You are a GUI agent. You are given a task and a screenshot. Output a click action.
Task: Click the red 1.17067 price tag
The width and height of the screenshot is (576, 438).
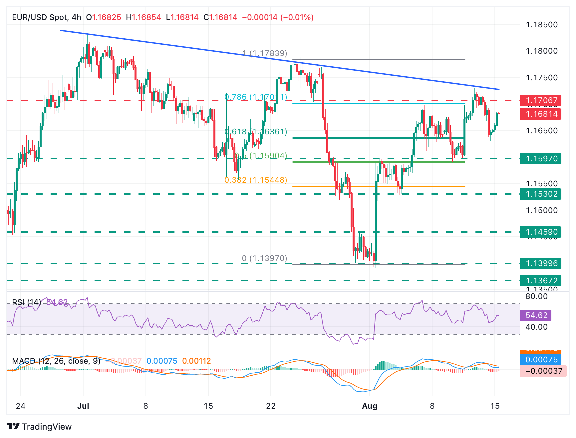click(541, 100)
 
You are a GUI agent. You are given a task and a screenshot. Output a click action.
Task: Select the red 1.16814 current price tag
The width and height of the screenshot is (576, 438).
click(541, 114)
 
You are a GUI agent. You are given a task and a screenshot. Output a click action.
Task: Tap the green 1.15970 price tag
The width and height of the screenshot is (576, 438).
click(541, 159)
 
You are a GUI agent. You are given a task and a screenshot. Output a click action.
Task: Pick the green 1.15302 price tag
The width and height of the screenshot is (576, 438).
click(541, 194)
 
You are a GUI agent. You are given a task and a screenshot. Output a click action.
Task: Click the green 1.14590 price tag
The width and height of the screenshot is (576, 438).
click(541, 232)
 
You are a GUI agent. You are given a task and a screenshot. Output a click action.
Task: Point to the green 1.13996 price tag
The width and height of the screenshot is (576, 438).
click(541, 263)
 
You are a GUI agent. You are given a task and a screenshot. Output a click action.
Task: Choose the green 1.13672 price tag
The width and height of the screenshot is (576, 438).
click(541, 281)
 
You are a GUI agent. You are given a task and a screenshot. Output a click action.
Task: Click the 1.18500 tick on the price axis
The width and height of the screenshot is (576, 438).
click(541, 25)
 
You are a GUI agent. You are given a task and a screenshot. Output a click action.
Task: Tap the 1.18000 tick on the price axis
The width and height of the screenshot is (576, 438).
click(541, 51)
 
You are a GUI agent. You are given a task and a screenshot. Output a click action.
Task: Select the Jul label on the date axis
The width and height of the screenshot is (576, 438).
click(83, 406)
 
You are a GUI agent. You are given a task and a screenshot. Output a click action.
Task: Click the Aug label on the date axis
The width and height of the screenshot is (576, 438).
click(370, 406)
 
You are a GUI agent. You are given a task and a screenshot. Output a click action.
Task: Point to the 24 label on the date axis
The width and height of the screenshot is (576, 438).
click(21, 406)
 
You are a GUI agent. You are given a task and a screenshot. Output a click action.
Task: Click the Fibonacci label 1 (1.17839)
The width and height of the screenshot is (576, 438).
click(265, 53)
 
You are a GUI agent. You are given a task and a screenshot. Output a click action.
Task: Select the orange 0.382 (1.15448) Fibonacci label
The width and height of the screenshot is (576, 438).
click(256, 180)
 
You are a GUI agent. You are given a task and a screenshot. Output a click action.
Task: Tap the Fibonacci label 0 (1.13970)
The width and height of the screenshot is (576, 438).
click(264, 258)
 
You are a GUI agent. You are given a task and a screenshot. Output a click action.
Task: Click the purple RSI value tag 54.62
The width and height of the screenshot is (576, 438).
click(536, 315)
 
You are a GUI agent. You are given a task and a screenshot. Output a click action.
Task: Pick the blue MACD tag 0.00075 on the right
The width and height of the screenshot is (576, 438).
click(541, 360)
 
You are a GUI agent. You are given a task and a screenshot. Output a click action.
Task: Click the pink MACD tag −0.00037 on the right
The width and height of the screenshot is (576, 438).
click(543, 371)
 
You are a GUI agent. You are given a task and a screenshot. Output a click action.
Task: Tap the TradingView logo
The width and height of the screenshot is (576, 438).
click(39, 427)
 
